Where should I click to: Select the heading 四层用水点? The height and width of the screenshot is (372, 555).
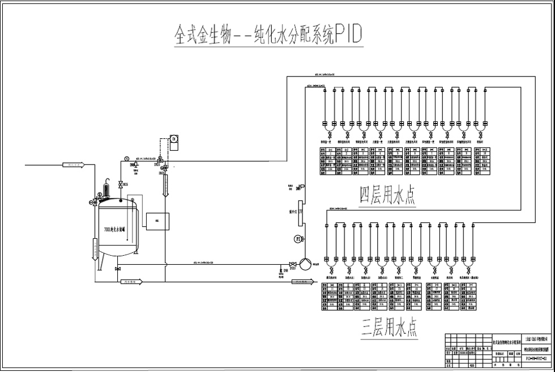pos(387,195)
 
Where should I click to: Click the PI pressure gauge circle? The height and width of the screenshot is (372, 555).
pos(298,239)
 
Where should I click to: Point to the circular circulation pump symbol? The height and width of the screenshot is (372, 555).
pos(305,264)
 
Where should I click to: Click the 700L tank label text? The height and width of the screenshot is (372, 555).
pos(118,229)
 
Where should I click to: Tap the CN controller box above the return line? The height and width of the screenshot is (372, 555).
pos(174,139)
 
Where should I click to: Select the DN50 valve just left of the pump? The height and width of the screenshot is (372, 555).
pos(292,264)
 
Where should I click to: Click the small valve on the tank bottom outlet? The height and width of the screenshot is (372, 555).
pos(117,268)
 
